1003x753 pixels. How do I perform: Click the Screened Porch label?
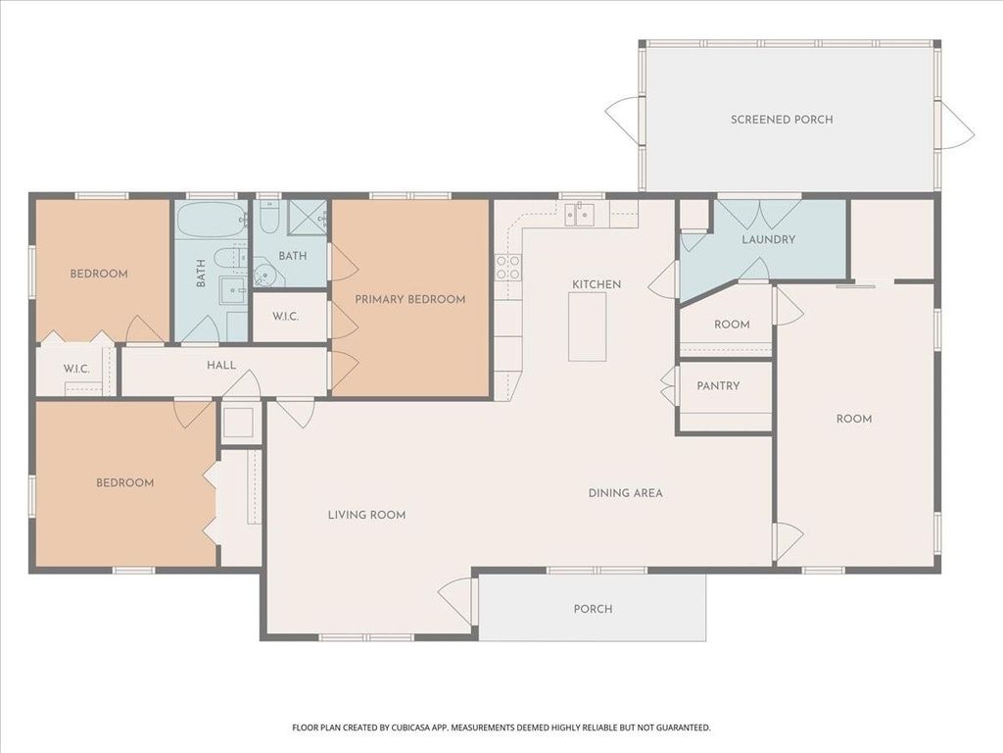pyautogui.click(x=782, y=120)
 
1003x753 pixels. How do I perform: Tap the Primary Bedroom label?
pyautogui.click(x=410, y=300)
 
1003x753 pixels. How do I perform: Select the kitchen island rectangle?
pyautogui.click(x=588, y=326)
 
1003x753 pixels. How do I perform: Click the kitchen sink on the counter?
pyautogui.click(x=579, y=214)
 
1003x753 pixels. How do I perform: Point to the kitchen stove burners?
pyautogui.click(x=508, y=268)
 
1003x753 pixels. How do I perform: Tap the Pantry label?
pyautogui.click(x=718, y=386)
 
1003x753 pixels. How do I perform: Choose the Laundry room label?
pyautogui.click(x=768, y=239)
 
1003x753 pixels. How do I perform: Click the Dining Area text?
pyautogui.click(x=626, y=493)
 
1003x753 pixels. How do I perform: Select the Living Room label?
pyautogui.click(x=366, y=515)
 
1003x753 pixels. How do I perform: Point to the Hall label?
pyautogui.click(x=221, y=366)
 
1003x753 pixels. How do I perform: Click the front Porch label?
pyautogui.click(x=593, y=609)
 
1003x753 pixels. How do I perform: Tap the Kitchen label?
pyautogui.click(x=597, y=284)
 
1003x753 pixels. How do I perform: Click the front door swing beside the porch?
pyautogui.click(x=456, y=602)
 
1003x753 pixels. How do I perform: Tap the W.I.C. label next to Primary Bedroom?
pyautogui.click(x=285, y=317)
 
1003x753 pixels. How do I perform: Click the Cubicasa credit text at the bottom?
pyautogui.click(x=501, y=728)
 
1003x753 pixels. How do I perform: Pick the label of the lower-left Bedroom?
pyautogui.click(x=124, y=482)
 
